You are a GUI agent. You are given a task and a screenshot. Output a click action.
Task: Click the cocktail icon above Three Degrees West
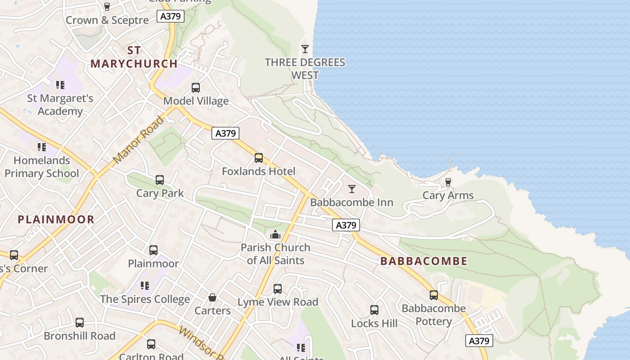coord(305,49)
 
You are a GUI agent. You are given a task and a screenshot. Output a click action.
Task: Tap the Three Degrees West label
coord(305,69)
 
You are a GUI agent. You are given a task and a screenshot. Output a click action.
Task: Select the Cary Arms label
coord(448,195)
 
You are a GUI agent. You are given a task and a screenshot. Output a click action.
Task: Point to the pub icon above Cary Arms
coord(448,182)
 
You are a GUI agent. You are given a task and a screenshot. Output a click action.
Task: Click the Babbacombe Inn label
coord(351,202)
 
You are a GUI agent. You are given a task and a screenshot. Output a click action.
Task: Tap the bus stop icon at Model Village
coord(195,87)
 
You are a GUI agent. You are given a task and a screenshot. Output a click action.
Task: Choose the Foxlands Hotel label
coord(259,171)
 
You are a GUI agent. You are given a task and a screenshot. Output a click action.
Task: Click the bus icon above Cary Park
coord(160,180)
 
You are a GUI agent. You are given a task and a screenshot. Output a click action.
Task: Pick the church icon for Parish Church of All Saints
coord(275,234)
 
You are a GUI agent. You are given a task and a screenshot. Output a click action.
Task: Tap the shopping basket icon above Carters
coord(212,297)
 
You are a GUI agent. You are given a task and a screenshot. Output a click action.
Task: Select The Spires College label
coord(145,299)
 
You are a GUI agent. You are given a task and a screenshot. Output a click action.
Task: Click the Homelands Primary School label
coord(42,167)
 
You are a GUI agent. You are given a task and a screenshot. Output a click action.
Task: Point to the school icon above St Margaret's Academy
coord(60,85)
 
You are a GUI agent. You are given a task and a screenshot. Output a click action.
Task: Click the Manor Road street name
coord(139,140)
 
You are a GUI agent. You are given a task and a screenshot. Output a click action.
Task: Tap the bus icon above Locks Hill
coord(374,310)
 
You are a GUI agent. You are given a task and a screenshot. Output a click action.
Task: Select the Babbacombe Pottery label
coord(433,315)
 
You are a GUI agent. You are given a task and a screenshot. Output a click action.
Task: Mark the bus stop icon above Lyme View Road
coord(278,288)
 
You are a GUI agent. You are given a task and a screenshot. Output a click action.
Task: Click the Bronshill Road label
coord(80,336)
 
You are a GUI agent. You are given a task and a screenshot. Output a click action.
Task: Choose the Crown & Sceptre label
coord(107,20)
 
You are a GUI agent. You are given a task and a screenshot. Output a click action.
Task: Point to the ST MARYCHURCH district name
coord(134,57)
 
